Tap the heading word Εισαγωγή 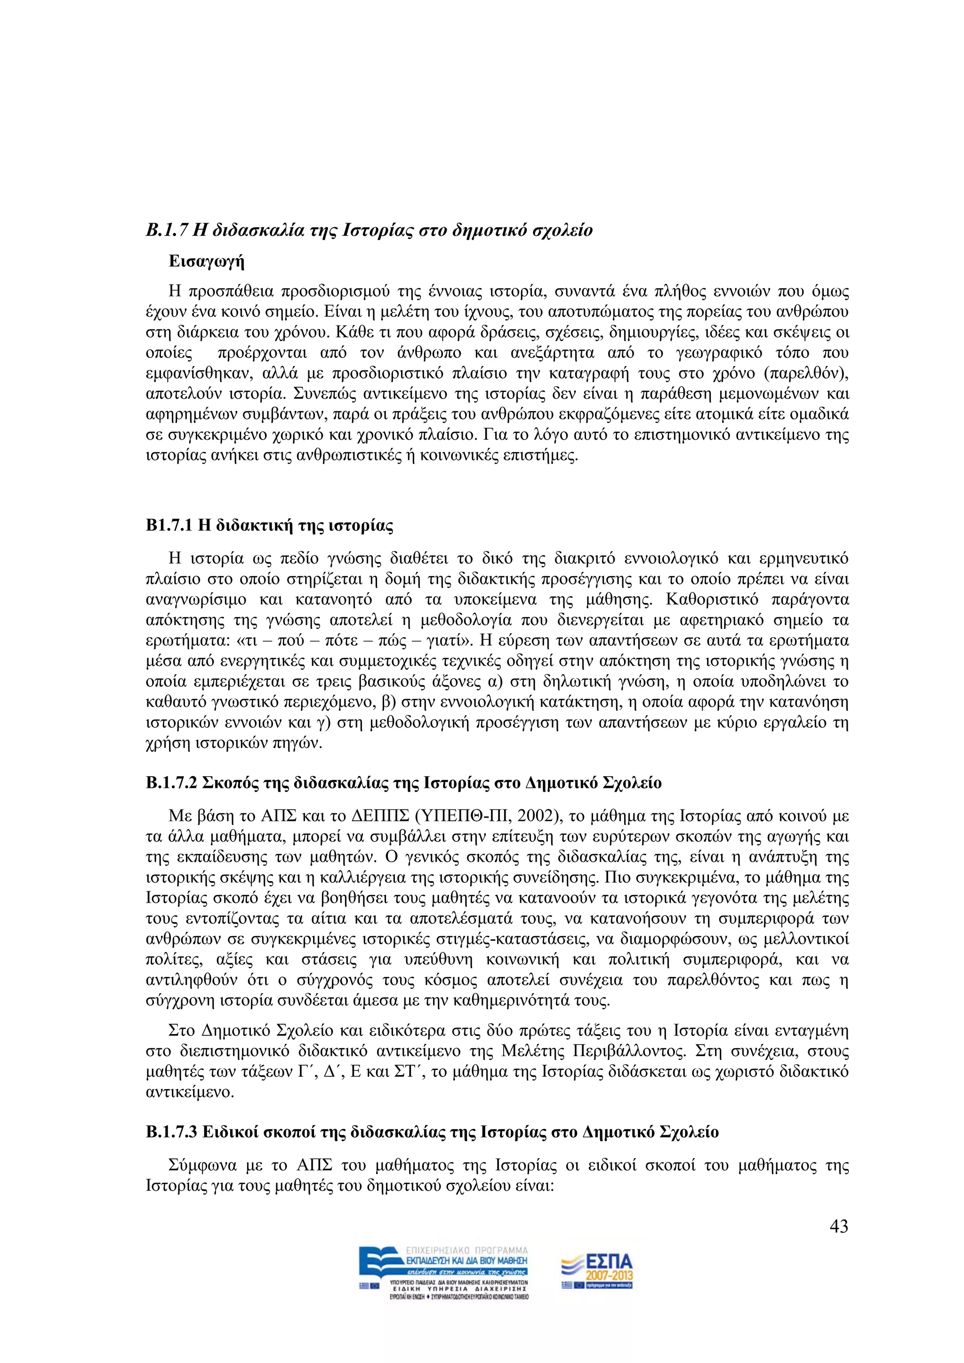coord(206,261)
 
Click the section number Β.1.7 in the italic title coord(167,230)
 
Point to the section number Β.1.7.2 coord(171,783)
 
